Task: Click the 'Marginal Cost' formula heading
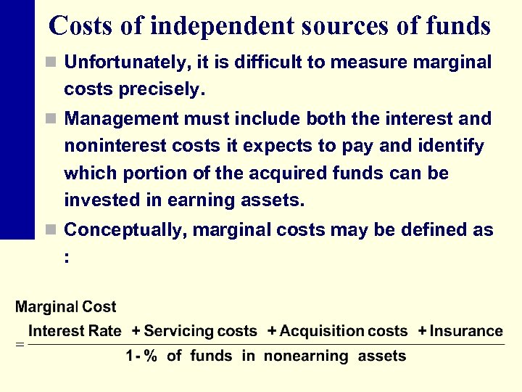pyautogui.click(x=66, y=308)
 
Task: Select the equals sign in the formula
pyautogui.click(x=20, y=344)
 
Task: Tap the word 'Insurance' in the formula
pyautogui.click(x=466, y=332)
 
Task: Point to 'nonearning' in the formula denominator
pyautogui.click(x=306, y=356)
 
